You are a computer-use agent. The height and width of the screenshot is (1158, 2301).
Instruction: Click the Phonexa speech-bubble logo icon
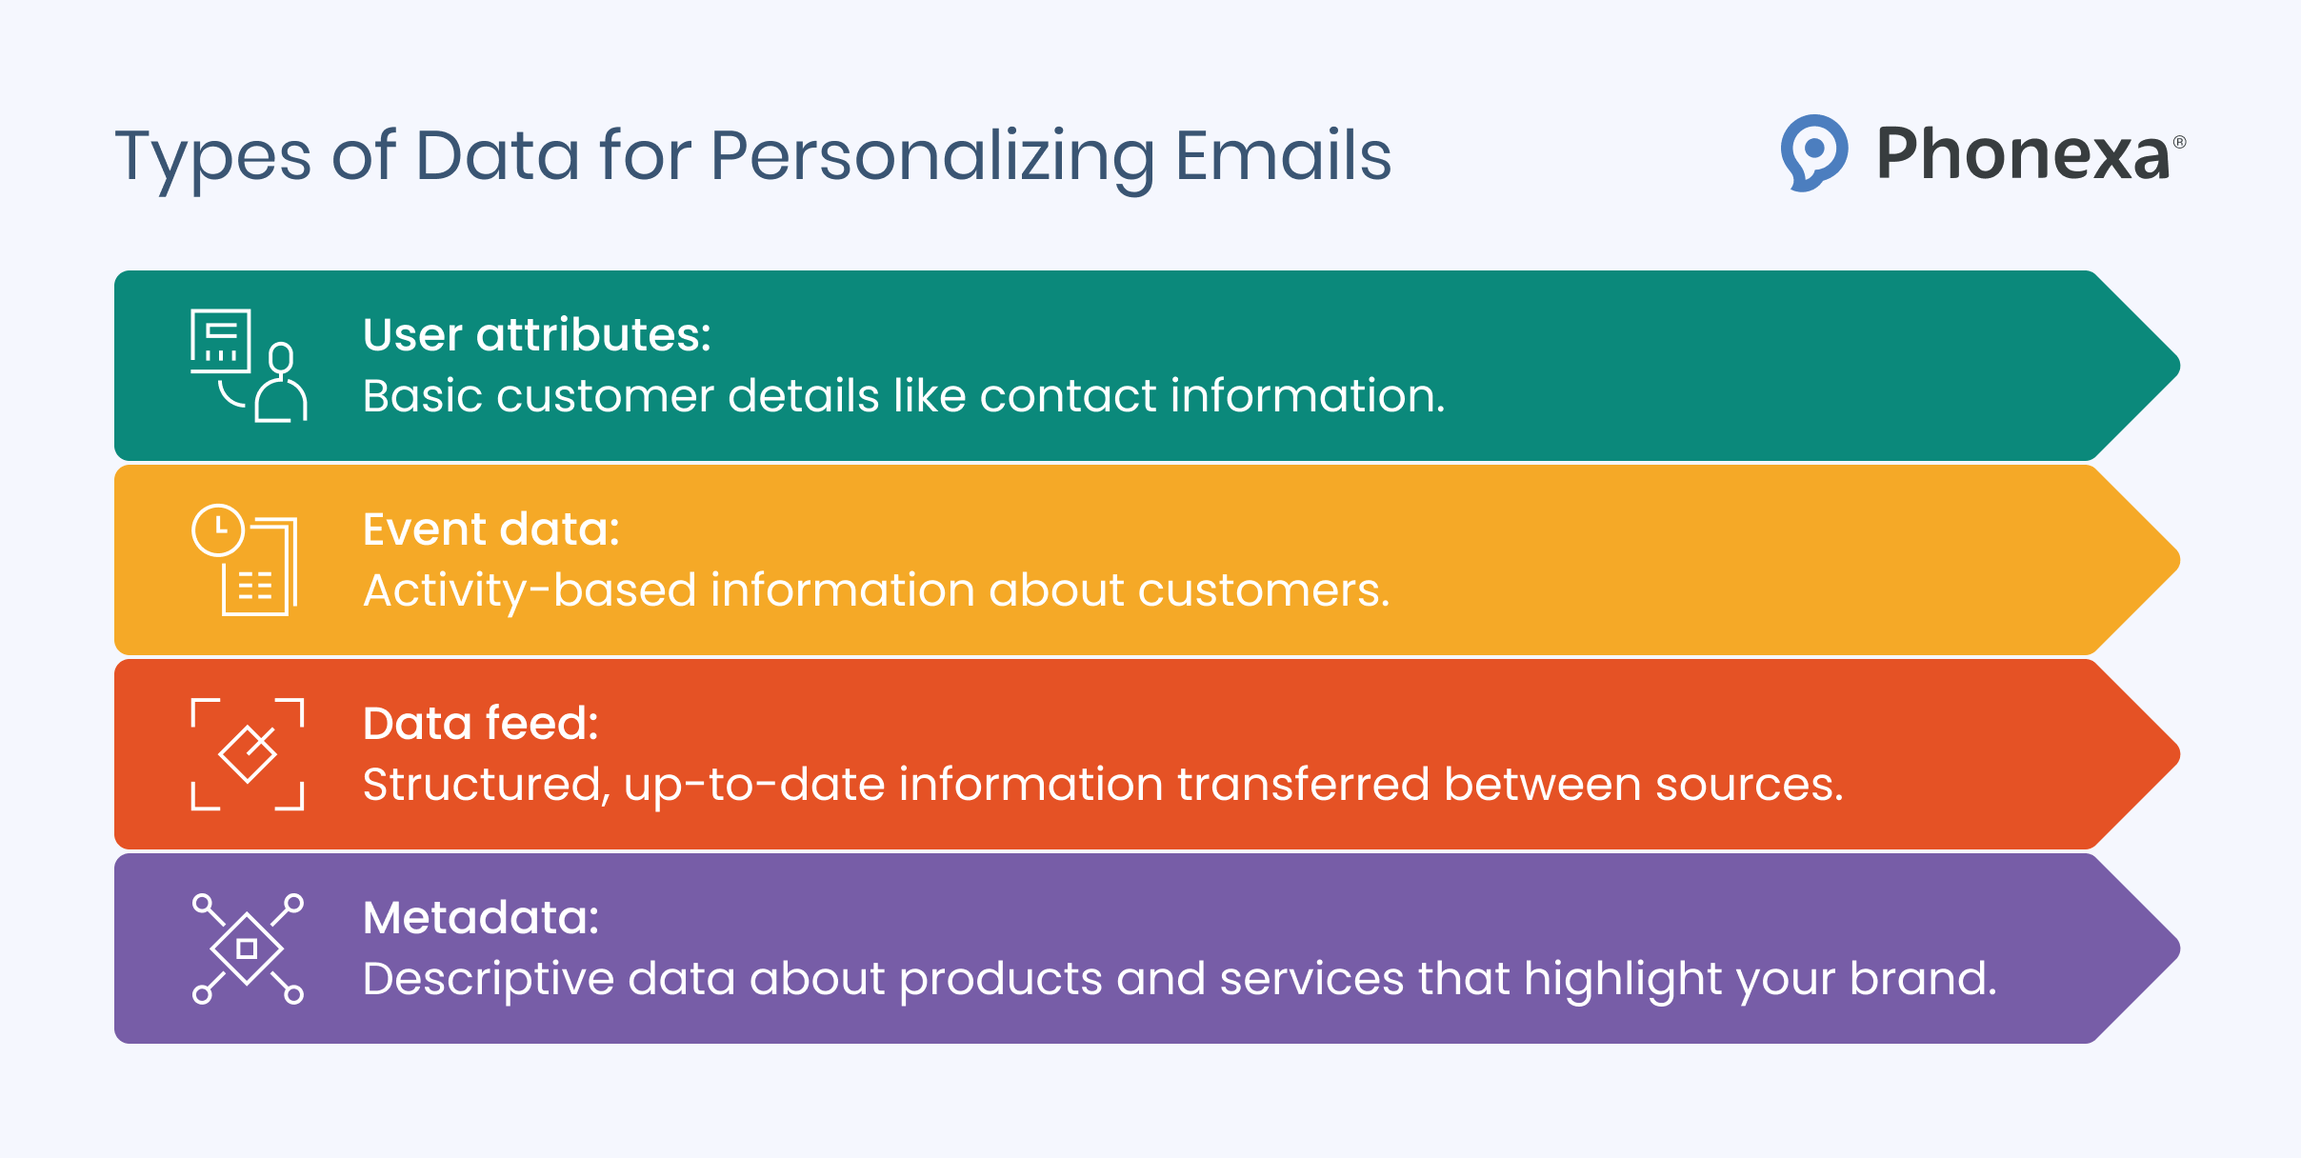pos(1813,152)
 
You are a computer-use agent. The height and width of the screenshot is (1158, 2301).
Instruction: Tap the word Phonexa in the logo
pos(2022,154)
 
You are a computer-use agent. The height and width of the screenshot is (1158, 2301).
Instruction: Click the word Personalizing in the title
pos(931,157)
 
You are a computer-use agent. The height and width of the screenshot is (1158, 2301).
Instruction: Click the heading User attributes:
pos(536,335)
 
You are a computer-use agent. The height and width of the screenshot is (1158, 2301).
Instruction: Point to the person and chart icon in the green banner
pos(249,366)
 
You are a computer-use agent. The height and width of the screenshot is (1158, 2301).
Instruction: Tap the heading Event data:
pos(491,529)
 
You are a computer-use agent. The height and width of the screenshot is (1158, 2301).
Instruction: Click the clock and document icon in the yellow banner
pos(246,560)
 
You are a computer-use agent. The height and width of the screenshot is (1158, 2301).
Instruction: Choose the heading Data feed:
pos(481,724)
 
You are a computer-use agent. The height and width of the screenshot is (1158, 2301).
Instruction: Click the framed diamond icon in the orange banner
pos(248,754)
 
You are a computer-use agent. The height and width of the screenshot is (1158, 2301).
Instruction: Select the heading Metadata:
pos(481,918)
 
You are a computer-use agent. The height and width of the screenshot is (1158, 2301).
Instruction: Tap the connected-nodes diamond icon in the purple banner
pos(248,948)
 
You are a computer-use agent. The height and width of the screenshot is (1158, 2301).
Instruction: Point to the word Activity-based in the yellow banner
pos(530,590)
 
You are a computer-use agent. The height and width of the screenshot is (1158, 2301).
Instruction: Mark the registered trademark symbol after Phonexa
pos(2179,142)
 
